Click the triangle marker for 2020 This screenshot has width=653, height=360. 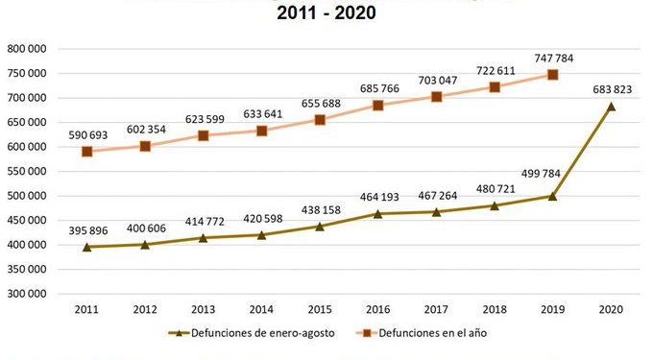click(611, 107)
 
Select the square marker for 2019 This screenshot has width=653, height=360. click(552, 75)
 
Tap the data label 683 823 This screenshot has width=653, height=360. click(611, 89)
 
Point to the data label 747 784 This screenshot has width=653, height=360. click(552, 58)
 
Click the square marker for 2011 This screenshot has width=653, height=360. click(87, 152)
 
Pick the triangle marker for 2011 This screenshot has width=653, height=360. click(87, 247)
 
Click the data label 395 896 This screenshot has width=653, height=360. click(87, 230)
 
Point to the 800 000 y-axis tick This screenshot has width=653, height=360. click(28, 48)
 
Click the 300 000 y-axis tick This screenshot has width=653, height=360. click(28, 294)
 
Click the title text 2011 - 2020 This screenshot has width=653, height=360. click(326, 13)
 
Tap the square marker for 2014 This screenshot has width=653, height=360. click(262, 131)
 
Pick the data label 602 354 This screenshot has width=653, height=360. click(145, 130)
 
